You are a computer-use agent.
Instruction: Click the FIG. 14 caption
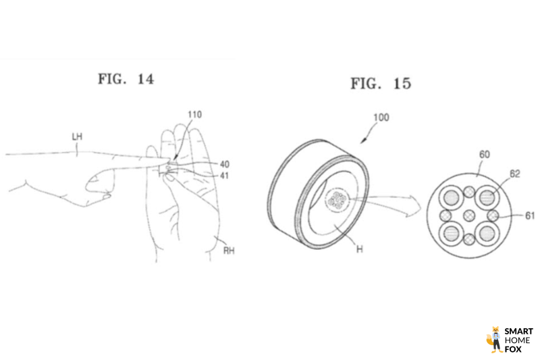coord(126,79)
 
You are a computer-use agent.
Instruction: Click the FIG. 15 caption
coord(381,83)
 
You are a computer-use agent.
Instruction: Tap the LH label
coord(77,136)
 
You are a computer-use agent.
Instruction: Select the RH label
coord(229,251)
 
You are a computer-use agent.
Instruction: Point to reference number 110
coord(194,115)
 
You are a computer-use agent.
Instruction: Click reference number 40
coord(225,164)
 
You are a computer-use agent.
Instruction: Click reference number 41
coord(224,176)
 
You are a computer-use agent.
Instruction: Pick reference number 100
coord(381,118)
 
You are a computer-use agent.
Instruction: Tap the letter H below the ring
coord(360,249)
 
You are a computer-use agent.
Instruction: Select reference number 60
coord(485,155)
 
